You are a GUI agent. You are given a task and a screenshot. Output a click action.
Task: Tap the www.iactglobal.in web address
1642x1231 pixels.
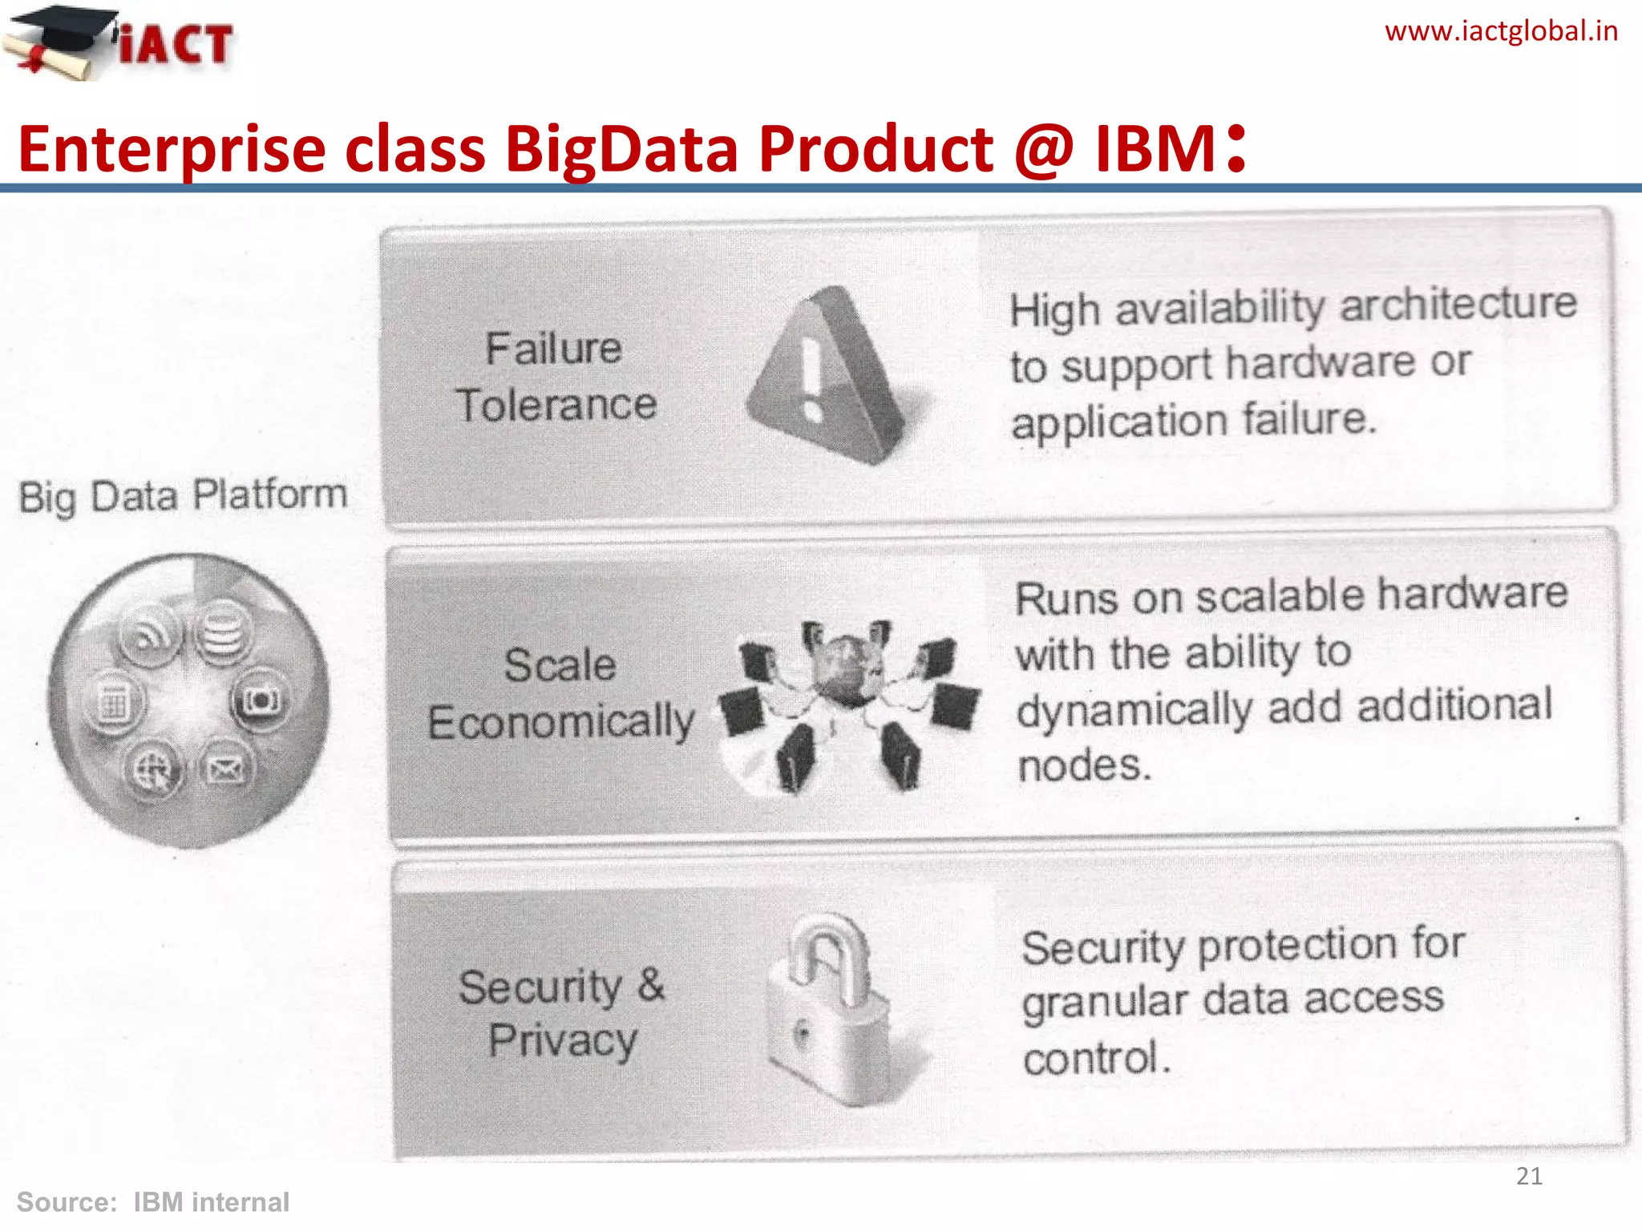1500,31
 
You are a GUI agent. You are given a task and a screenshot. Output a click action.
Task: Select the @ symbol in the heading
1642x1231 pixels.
1043,149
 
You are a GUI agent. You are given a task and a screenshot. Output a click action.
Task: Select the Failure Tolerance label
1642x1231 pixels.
555,377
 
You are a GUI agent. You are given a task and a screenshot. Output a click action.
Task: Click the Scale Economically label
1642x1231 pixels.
560,694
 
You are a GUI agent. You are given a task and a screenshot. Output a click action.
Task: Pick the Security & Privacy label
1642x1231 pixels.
562,1013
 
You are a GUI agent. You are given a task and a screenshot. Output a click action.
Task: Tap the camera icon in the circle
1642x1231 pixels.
261,700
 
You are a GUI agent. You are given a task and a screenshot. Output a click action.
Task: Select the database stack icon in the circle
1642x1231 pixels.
223,632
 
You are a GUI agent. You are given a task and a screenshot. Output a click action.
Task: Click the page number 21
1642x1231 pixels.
1529,1176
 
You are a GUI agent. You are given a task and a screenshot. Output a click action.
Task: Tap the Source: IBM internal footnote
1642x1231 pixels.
152,1202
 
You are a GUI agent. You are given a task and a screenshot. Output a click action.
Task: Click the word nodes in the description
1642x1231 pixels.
1084,765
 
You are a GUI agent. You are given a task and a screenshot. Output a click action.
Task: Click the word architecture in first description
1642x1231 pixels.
1458,305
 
